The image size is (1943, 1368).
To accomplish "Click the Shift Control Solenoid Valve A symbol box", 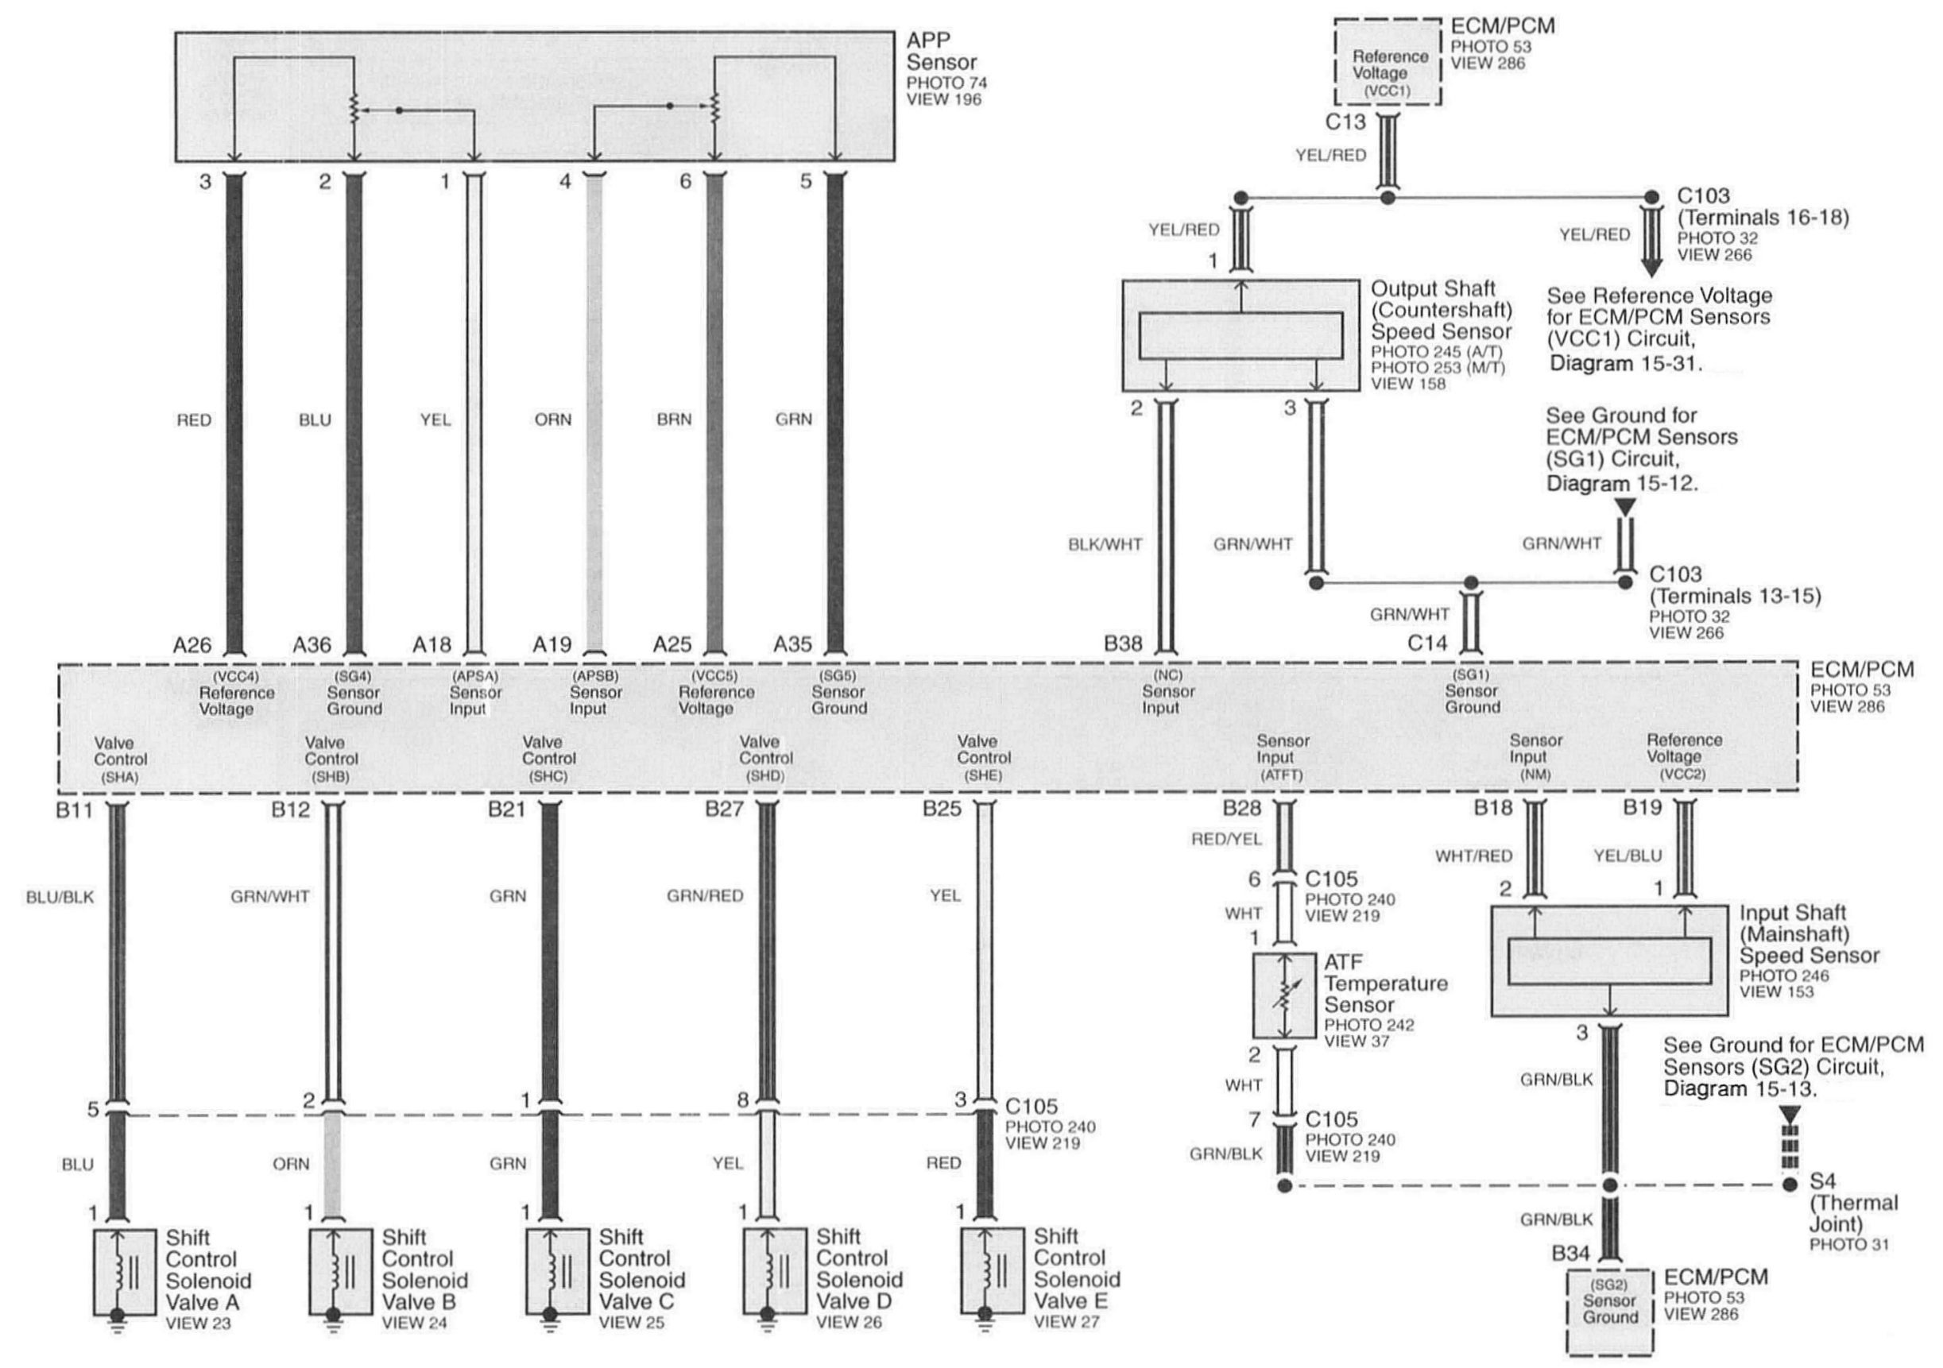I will click(125, 1272).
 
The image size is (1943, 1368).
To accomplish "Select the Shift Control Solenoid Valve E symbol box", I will click(992, 1272).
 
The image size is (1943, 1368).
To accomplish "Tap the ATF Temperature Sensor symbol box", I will click(1283, 995).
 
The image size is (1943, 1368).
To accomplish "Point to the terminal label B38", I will click(1123, 644).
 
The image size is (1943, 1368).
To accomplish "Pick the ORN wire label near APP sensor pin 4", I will click(552, 419).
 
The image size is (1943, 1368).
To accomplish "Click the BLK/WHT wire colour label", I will click(1105, 545).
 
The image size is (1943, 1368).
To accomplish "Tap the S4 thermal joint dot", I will click(1789, 1185).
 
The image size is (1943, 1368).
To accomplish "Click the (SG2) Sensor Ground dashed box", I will click(1609, 1311).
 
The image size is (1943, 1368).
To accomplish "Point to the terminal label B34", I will click(1570, 1254).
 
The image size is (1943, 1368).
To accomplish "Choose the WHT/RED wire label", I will click(1473, 856).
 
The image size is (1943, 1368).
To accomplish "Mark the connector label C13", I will click(1345, 122).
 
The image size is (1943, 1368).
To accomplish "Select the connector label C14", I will click(1427, 643).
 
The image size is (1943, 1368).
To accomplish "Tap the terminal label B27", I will click(725, 810).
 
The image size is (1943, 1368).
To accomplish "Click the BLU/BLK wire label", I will click(60, 897).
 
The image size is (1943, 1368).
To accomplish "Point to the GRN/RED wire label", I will click(705, 896).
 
